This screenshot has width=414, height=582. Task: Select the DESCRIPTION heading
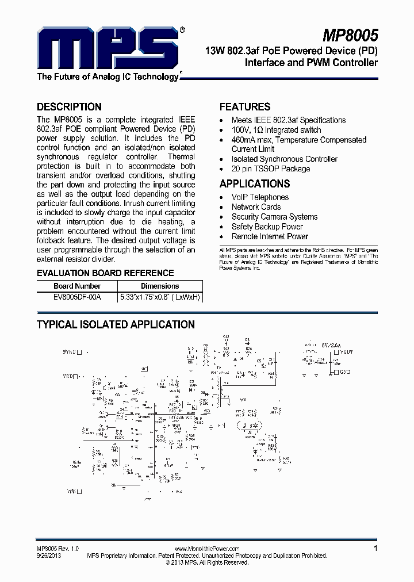click(x=69, y=106)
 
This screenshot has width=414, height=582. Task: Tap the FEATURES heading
click(x=245, y=106)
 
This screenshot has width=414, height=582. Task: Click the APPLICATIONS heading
click(x=255, y=183)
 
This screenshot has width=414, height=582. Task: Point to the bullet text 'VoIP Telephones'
click(x=260, y=197)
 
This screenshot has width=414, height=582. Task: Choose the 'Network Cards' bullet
click(x=256, y=207)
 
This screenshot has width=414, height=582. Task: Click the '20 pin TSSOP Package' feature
click(x=270, y=169)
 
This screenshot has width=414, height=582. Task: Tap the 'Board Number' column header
click(x=77, y=286)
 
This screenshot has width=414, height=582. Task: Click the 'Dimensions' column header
click(x=160, y=286)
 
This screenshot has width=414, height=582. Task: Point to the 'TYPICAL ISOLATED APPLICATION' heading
click(x=116, y=324)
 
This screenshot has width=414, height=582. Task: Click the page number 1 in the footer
click(x=375, y=549)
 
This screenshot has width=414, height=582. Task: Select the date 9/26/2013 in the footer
click(x=48, y=556)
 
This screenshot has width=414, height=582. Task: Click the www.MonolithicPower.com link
click(x=206, y=549)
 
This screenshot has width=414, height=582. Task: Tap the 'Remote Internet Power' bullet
click(x=270, y=236)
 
